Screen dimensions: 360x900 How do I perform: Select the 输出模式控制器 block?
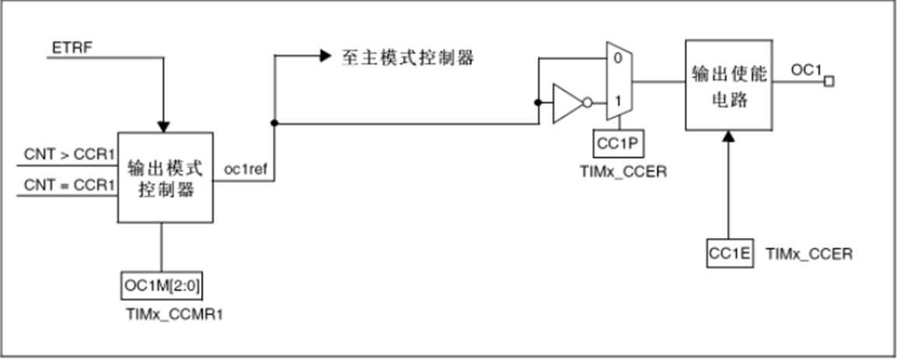point(164,178)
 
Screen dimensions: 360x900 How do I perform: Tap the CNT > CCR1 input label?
point(69,154)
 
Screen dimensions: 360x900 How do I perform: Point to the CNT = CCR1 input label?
point(69,184)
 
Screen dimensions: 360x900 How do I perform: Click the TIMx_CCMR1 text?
point(163,316)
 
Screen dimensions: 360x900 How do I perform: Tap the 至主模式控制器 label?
point(406,57)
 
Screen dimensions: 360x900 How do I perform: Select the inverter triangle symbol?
point(566,103)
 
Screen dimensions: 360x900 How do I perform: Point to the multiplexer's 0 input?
point(616,58)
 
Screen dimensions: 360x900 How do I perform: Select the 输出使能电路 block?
point(728,86)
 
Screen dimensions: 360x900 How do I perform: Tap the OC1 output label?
point(806,70)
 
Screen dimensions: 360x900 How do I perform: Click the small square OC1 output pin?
point(828,80)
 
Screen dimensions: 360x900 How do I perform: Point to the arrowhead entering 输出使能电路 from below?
point(728,137)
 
